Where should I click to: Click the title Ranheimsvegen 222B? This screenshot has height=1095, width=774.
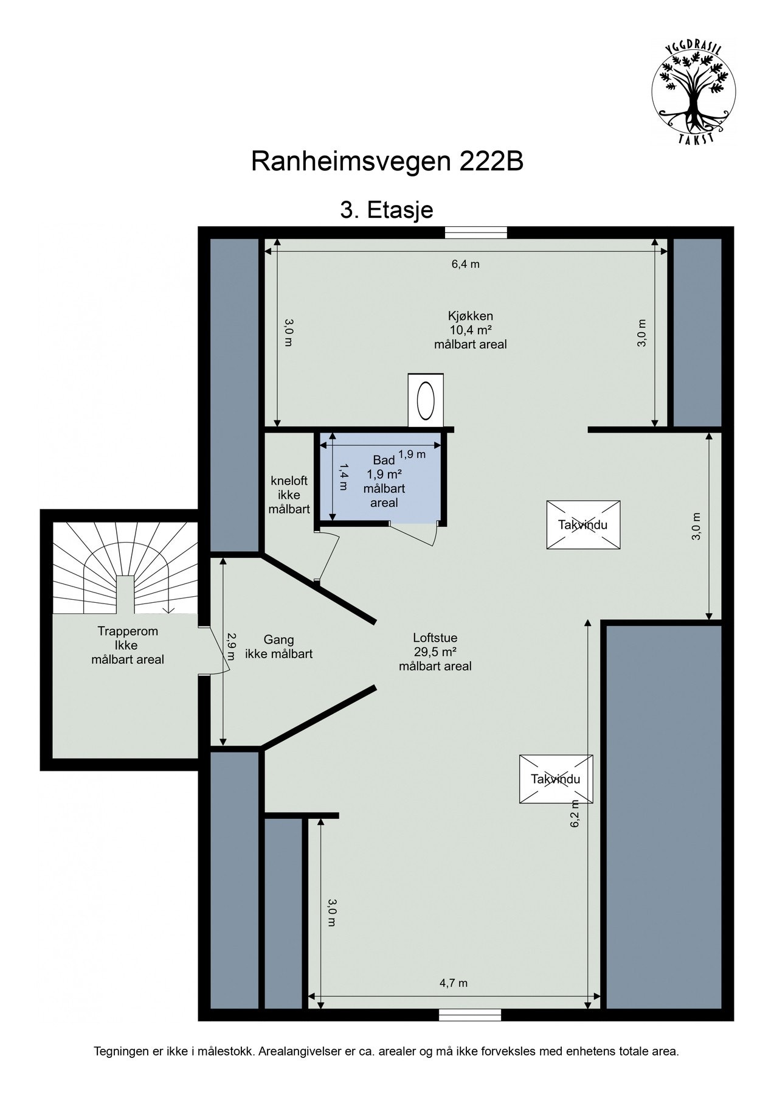click(x=387, y=162)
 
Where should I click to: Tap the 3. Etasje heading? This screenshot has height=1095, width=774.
click(x=387, y=210)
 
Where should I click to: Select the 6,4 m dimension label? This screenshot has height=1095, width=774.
click(x=465, y=264)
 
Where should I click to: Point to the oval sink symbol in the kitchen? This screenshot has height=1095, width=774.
click(x=426, y=400)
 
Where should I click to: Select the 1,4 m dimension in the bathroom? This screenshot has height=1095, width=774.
click(x=344, y=477)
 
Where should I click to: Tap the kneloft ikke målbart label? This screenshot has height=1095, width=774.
click(x=289, y=495)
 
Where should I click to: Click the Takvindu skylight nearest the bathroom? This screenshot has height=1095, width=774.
click(x=583, y=525)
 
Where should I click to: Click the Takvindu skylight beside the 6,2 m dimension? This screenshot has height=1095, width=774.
click(x=556, y=779)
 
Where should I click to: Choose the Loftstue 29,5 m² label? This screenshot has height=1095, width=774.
click(x=435, y=652)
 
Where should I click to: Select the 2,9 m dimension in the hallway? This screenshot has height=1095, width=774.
click(x=230, y=647)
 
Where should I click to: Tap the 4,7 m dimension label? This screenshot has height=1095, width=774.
click(x=454, y=983)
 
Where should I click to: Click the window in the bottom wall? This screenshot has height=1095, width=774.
click(x=470, y=1015)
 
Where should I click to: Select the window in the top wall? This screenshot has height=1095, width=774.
click(x=475, y=232)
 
